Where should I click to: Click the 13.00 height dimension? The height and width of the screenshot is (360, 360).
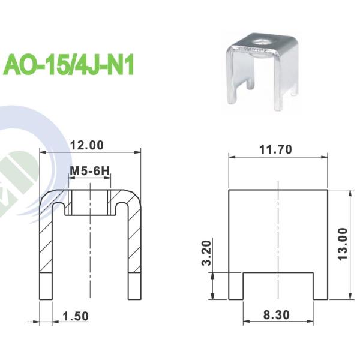point(342,244)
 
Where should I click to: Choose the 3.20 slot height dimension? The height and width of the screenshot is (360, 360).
point(206,254)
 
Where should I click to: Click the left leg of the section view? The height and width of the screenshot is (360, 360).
point(46,252)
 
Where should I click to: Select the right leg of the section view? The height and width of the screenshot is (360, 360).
point(134,252)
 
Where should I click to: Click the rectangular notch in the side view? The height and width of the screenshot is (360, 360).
point(278,286)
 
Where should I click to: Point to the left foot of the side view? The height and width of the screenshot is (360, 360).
point(235,286)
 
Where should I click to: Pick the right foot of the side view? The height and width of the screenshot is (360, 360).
point(320,286)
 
